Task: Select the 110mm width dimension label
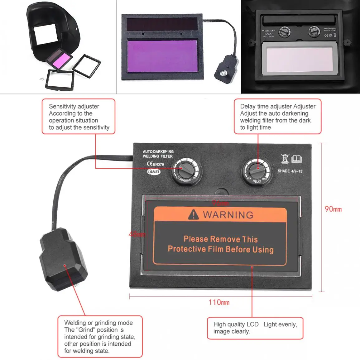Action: click(219, 302)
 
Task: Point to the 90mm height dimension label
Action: click(333, 209)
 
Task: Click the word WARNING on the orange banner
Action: click(228, 215)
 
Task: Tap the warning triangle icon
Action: click(194, 214)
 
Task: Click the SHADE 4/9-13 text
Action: click(290, 171)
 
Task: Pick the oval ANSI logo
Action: click(154, 172)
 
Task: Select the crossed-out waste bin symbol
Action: click(285, 159)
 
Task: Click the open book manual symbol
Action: click(296, 159)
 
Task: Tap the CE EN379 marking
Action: click(155, 164)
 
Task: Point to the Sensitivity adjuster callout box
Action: click(79, 117)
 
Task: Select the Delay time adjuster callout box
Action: click(277, 117)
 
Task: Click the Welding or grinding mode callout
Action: click(100, 336)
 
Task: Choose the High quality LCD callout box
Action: click(255, 328)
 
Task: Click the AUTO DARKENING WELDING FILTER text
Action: click(158, 154)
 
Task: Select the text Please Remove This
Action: click(221, 239)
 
